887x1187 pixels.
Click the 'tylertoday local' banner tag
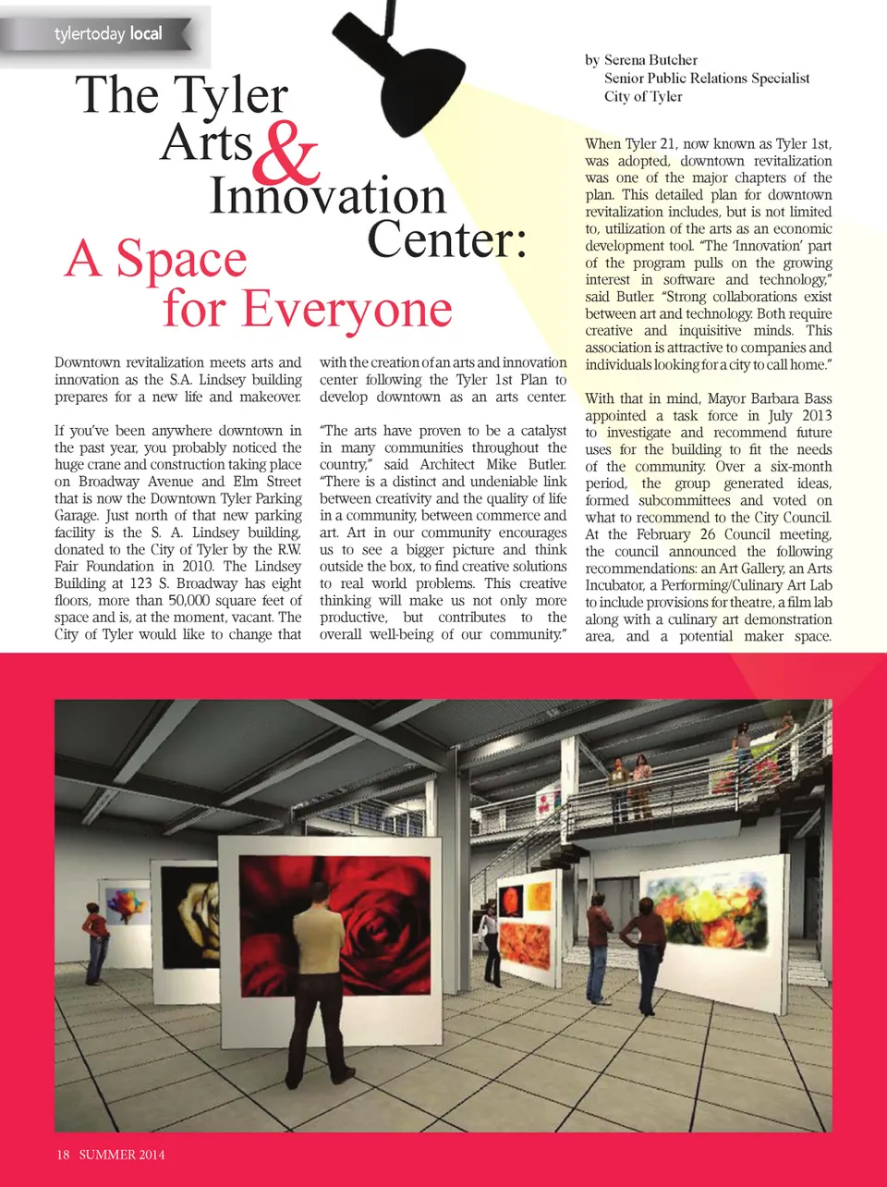coord(107,34)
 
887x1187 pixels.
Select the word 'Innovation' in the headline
coord(328,196)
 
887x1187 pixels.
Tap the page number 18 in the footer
coord(63,1155)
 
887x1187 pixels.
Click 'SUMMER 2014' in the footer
coord(122,1155)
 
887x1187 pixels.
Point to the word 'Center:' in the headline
coord(448,240)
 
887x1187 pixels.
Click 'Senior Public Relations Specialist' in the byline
coord(707,79)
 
